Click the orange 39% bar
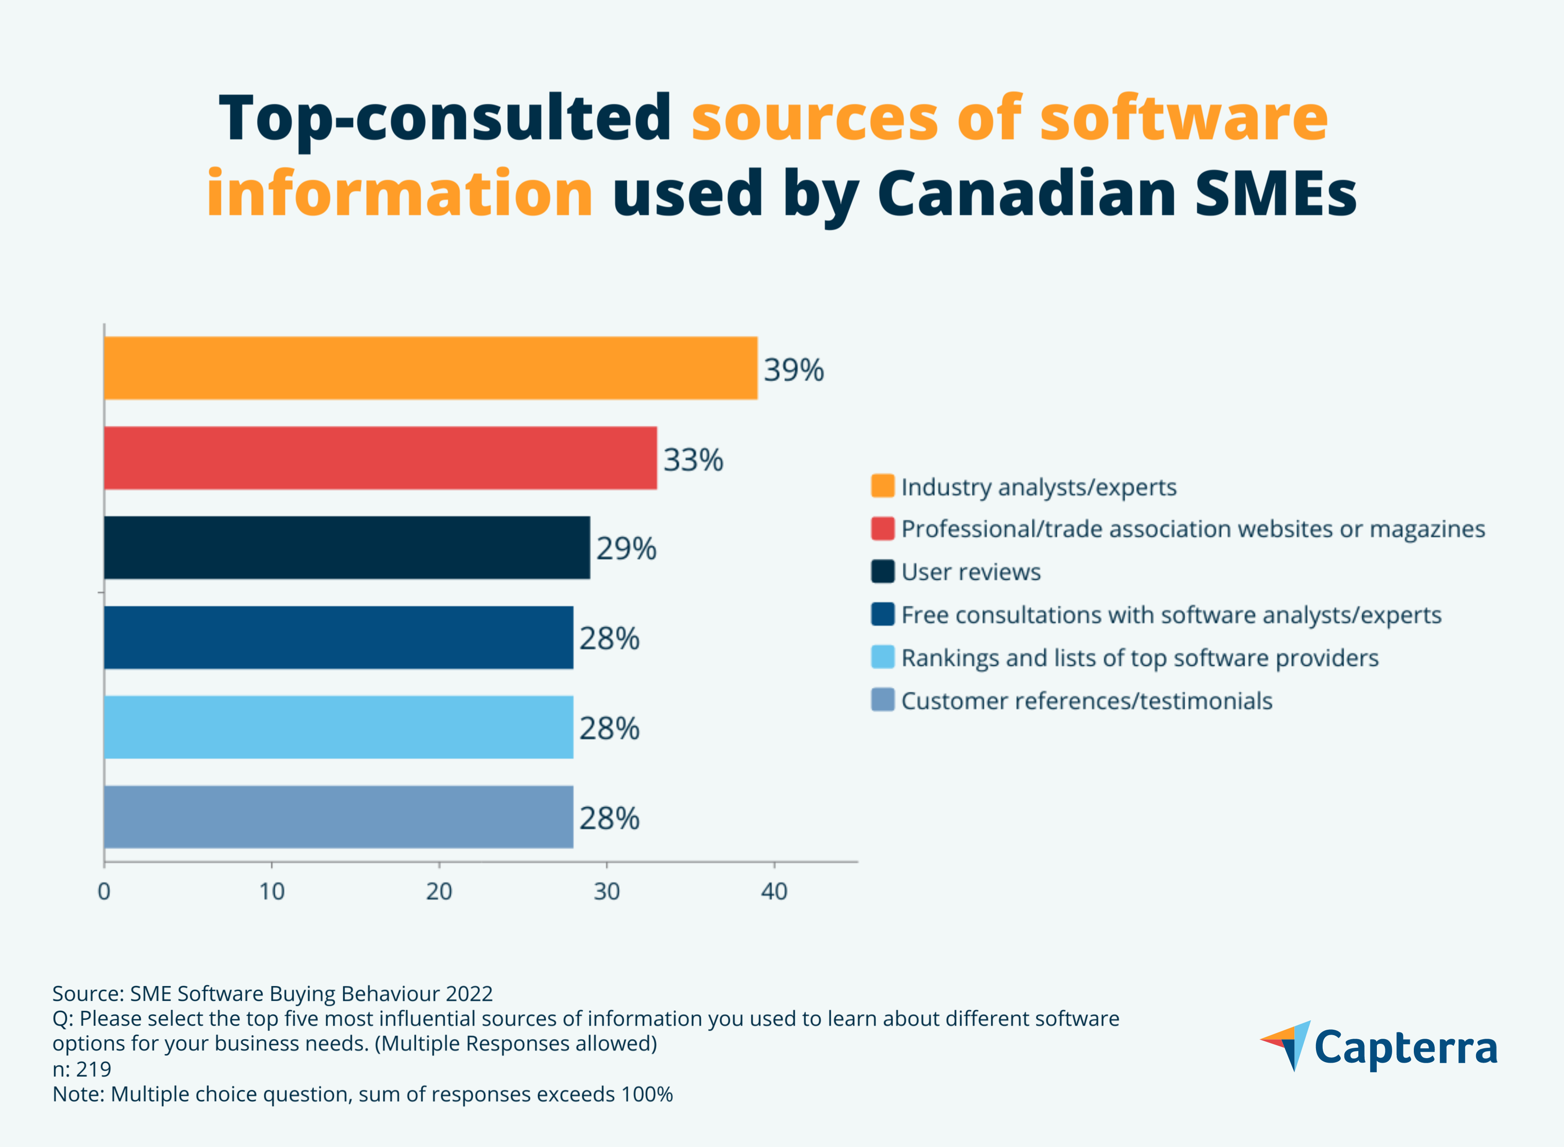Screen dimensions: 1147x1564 coord(430,368)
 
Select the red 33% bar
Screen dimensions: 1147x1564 coord(381,458)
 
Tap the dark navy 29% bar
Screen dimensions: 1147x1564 coord(347,548)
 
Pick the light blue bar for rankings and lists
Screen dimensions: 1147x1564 coord(339,727)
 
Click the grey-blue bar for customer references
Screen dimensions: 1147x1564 coord(339,817)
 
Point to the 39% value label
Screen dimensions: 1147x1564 coord(793,369)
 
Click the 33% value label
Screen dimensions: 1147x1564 coord(693,460)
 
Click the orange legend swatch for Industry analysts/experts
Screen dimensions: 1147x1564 coord(882,486)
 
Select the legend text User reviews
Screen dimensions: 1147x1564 coord(971,572)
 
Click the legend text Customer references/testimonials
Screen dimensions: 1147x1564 coord(1086,700)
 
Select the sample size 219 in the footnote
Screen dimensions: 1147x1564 coord(94,1069)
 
